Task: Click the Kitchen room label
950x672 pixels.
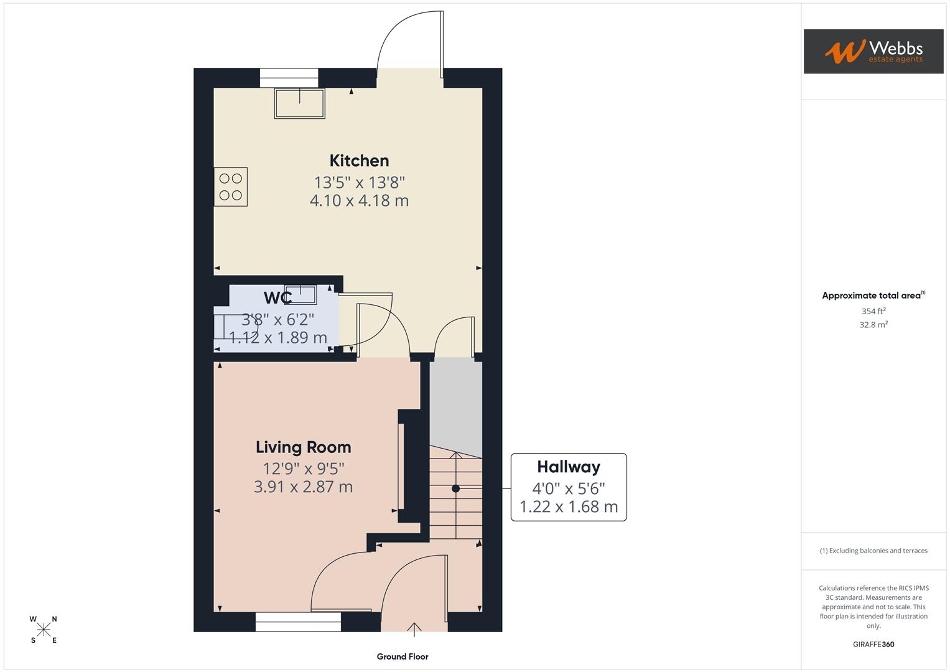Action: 359,161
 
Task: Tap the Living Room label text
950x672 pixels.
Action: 303,447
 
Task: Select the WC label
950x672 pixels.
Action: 277,298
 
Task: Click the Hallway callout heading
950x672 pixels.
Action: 569,467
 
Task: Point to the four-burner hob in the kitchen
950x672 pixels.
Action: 231,187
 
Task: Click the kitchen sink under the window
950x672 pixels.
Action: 300,103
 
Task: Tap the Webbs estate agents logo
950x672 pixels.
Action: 873,52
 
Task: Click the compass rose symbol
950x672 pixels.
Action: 44,630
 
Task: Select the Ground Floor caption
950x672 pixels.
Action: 403,656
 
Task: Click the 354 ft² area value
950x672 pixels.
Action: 873,311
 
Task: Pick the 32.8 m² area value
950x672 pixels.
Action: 873,325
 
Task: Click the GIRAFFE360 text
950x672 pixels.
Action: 873,645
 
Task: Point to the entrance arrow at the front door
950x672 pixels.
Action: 414,629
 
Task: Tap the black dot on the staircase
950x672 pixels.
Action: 455,489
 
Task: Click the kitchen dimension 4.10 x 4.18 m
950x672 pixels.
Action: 359,200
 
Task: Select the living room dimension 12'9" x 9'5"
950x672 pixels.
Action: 303,469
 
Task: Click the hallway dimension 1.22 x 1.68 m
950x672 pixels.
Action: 569,507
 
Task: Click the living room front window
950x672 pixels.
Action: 298,622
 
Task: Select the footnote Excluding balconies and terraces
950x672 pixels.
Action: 873,551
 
